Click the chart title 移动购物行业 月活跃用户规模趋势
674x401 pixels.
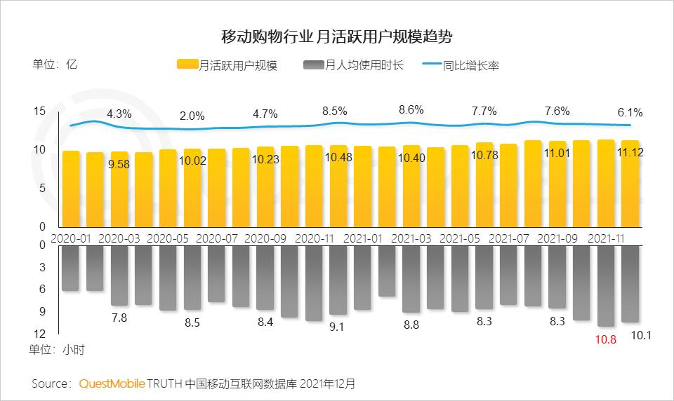[336, 36]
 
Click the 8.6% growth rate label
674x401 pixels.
[411, 110]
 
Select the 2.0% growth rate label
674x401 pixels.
[192, 116]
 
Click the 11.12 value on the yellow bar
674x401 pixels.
[630, 152]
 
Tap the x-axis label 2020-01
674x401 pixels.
[71, 238]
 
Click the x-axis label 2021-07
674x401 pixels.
[508, 238]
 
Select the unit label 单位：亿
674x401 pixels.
[55, 64]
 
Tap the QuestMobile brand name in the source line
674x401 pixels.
[112, 383]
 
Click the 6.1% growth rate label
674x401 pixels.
[630, 113]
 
